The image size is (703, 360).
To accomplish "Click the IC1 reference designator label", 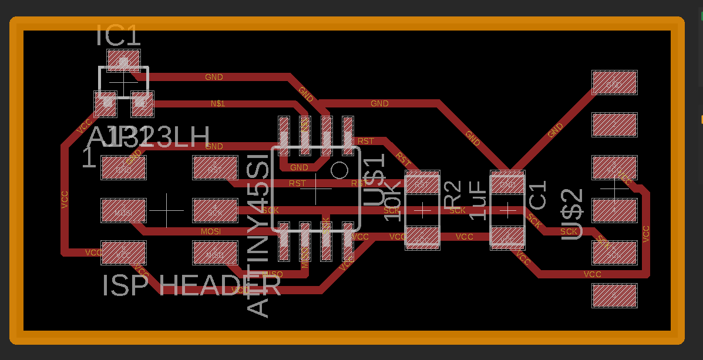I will pos(119,36).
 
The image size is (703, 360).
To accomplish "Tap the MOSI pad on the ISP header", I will pos(123,211).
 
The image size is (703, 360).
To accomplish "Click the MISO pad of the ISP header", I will pos(215,253).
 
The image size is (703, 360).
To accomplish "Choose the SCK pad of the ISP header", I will pos(215,211).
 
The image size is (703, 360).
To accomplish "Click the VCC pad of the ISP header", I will pos(123,253).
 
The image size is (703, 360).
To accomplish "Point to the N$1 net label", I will pos(218,104).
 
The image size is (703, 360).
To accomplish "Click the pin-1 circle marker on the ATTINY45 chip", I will pos(339,170).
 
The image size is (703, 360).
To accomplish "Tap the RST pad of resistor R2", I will pos(422,184).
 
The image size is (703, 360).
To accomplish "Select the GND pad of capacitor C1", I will pos(507,184).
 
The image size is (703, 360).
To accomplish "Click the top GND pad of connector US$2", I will pos(614,83).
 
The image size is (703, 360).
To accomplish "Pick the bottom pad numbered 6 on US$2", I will pos(614,296).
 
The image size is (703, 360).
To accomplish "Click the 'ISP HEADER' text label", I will pos(191,286).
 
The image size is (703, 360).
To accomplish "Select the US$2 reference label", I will pos(572,214).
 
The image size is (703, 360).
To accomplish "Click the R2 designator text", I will pos(453,194).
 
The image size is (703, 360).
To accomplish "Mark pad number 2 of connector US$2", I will pos(614,125).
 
